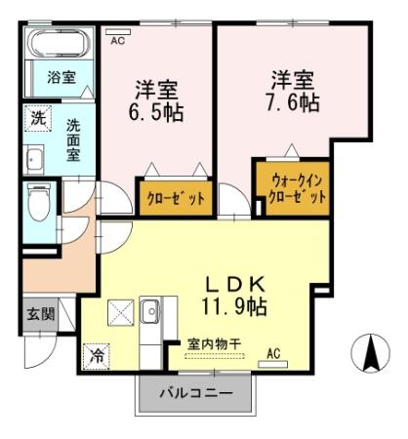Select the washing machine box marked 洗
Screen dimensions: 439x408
point(36,119)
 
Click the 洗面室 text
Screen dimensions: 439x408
point(74,138)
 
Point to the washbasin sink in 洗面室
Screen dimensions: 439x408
point(35,160)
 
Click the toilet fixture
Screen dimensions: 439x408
point(40,204)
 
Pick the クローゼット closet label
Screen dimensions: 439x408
point(175,198)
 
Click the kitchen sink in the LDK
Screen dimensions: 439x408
point(152,313)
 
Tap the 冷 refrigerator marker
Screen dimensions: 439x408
point(96,355)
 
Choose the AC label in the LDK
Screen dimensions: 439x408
point(273,352)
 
